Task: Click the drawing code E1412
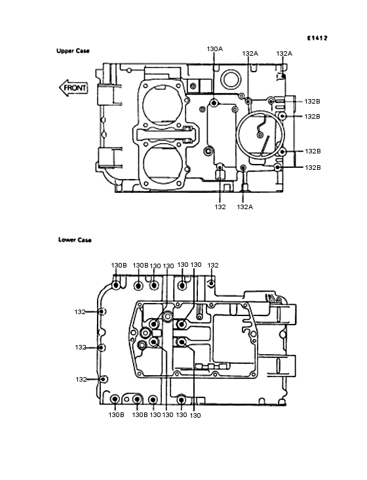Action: (x=317, y=38)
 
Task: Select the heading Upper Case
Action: (x=73, y=50)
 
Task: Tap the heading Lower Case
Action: (x=75, y=240)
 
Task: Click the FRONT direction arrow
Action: (x=73, y=88)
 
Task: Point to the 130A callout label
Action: (x=215, y=49)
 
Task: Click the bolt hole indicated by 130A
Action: (x=214, y=102)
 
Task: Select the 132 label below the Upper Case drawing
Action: (x=220, y=207)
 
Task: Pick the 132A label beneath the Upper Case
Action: (x=245, y=207)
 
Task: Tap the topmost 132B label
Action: (x=312, y=102)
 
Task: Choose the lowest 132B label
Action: (x=313, y=167)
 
